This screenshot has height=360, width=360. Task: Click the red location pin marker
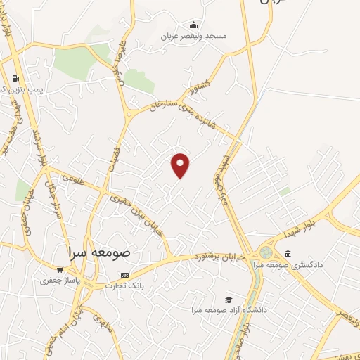click(x=181, y=165)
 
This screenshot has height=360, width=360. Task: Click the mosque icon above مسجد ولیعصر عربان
click(x=194, y=25)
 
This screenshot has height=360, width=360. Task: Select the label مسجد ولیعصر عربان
click(x=193, y=36)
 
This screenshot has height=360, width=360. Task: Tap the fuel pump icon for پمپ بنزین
click(x=15, y=78)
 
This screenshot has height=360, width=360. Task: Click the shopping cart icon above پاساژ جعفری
click(x=59, y=269)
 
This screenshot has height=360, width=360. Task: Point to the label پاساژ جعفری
click(x=56, y=280)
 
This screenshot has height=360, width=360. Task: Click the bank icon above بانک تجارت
click(x=124, y=275)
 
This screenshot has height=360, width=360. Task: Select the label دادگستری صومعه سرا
click(x=312, y=264)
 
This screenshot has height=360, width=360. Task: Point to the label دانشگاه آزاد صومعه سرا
click(x=226, y=310)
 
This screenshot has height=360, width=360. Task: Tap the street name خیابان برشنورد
click(x=221, y=257)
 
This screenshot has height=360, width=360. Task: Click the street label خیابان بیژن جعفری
click(x=135, y=214)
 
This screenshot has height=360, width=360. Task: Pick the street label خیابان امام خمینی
click(x=77, y=330)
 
